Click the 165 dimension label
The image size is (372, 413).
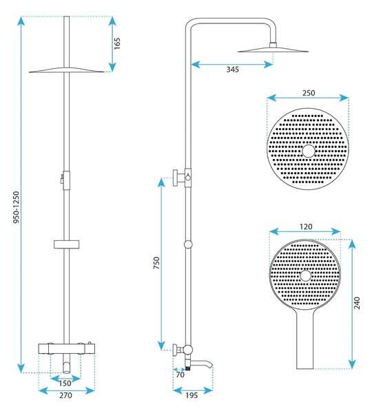pyautogui.click(x=117, y=43)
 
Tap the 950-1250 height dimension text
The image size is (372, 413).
pyautogui.click(x=17, y=207)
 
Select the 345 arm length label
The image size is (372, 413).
pyautogui.click(x=233, y=70)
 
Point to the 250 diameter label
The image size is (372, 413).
pyautogui.click(x=309, y=93)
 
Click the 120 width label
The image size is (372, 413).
pyautogui.click(x=306, y=226)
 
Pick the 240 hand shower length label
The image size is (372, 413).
pyautogui.click(x=357, y=303)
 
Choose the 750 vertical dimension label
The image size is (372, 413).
pyautogui.click(x=156, y=263)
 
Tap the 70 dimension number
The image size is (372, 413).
pyautogui.click(x=180, y=374)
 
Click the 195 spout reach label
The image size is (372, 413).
pyautogui.click(x=192, y=395)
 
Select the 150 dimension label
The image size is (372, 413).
pyautogui.click(x=65, y=383)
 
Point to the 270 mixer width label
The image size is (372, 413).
pyautogui.click(x=65, y=395)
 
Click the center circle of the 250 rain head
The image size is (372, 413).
pyautogui.click(x=309, y=151)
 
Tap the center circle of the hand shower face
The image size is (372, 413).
pyautogui.click(x=306, y=276)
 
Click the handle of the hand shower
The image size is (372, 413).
pyautogui.click(x=305, y=340)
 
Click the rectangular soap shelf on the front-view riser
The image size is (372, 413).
pyautogui.click(x=67, y=244)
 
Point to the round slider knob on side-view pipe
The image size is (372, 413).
pyautogui.click(x=188, y=244)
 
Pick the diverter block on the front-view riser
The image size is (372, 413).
pyautogui.click(x=66, y=180)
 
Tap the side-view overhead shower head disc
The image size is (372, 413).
pyautogui.click(x=273, y=50)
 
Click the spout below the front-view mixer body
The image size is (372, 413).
pyautogui.click(x=67, y=367)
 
